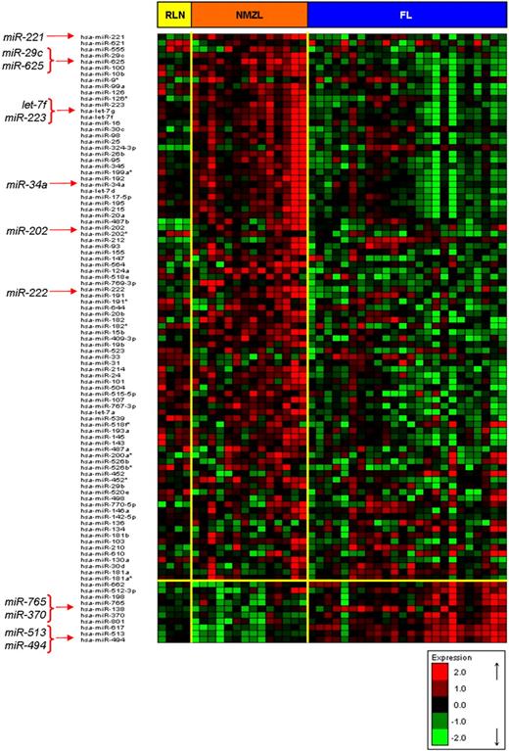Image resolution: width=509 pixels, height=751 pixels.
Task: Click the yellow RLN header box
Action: click(175, 14)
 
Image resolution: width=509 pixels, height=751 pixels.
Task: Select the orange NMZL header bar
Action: click(249, 14)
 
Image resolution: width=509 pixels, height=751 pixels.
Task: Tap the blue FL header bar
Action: click(405, 14)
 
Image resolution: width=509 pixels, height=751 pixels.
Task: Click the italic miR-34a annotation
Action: click(26, 183)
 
